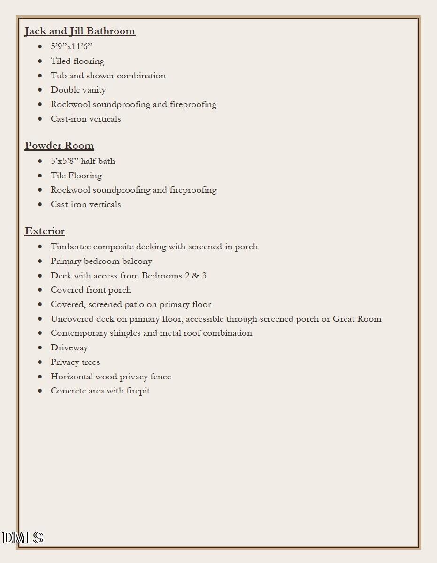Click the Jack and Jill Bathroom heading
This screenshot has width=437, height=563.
tap(80, 31)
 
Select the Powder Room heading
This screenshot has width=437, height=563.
tap(59, 146)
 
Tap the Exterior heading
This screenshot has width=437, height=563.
tap(45, 231)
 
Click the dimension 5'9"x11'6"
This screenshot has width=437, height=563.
tap(71, 46)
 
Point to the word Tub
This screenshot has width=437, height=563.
tap(59, 76)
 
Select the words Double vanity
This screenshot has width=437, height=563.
tap(78, 90)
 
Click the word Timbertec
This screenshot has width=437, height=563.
tap(71, 247)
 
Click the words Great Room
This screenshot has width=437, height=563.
tap(357, 319)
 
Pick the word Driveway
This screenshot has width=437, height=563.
tap(69, 347)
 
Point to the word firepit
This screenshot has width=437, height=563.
tap(138, 391)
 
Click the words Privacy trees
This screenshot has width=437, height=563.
tap(75, 362)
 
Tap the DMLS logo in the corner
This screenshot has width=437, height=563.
tap(23, 538)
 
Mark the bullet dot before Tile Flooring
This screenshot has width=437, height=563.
tap(40, 176)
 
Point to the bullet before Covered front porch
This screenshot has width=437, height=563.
tap(40, 290)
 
